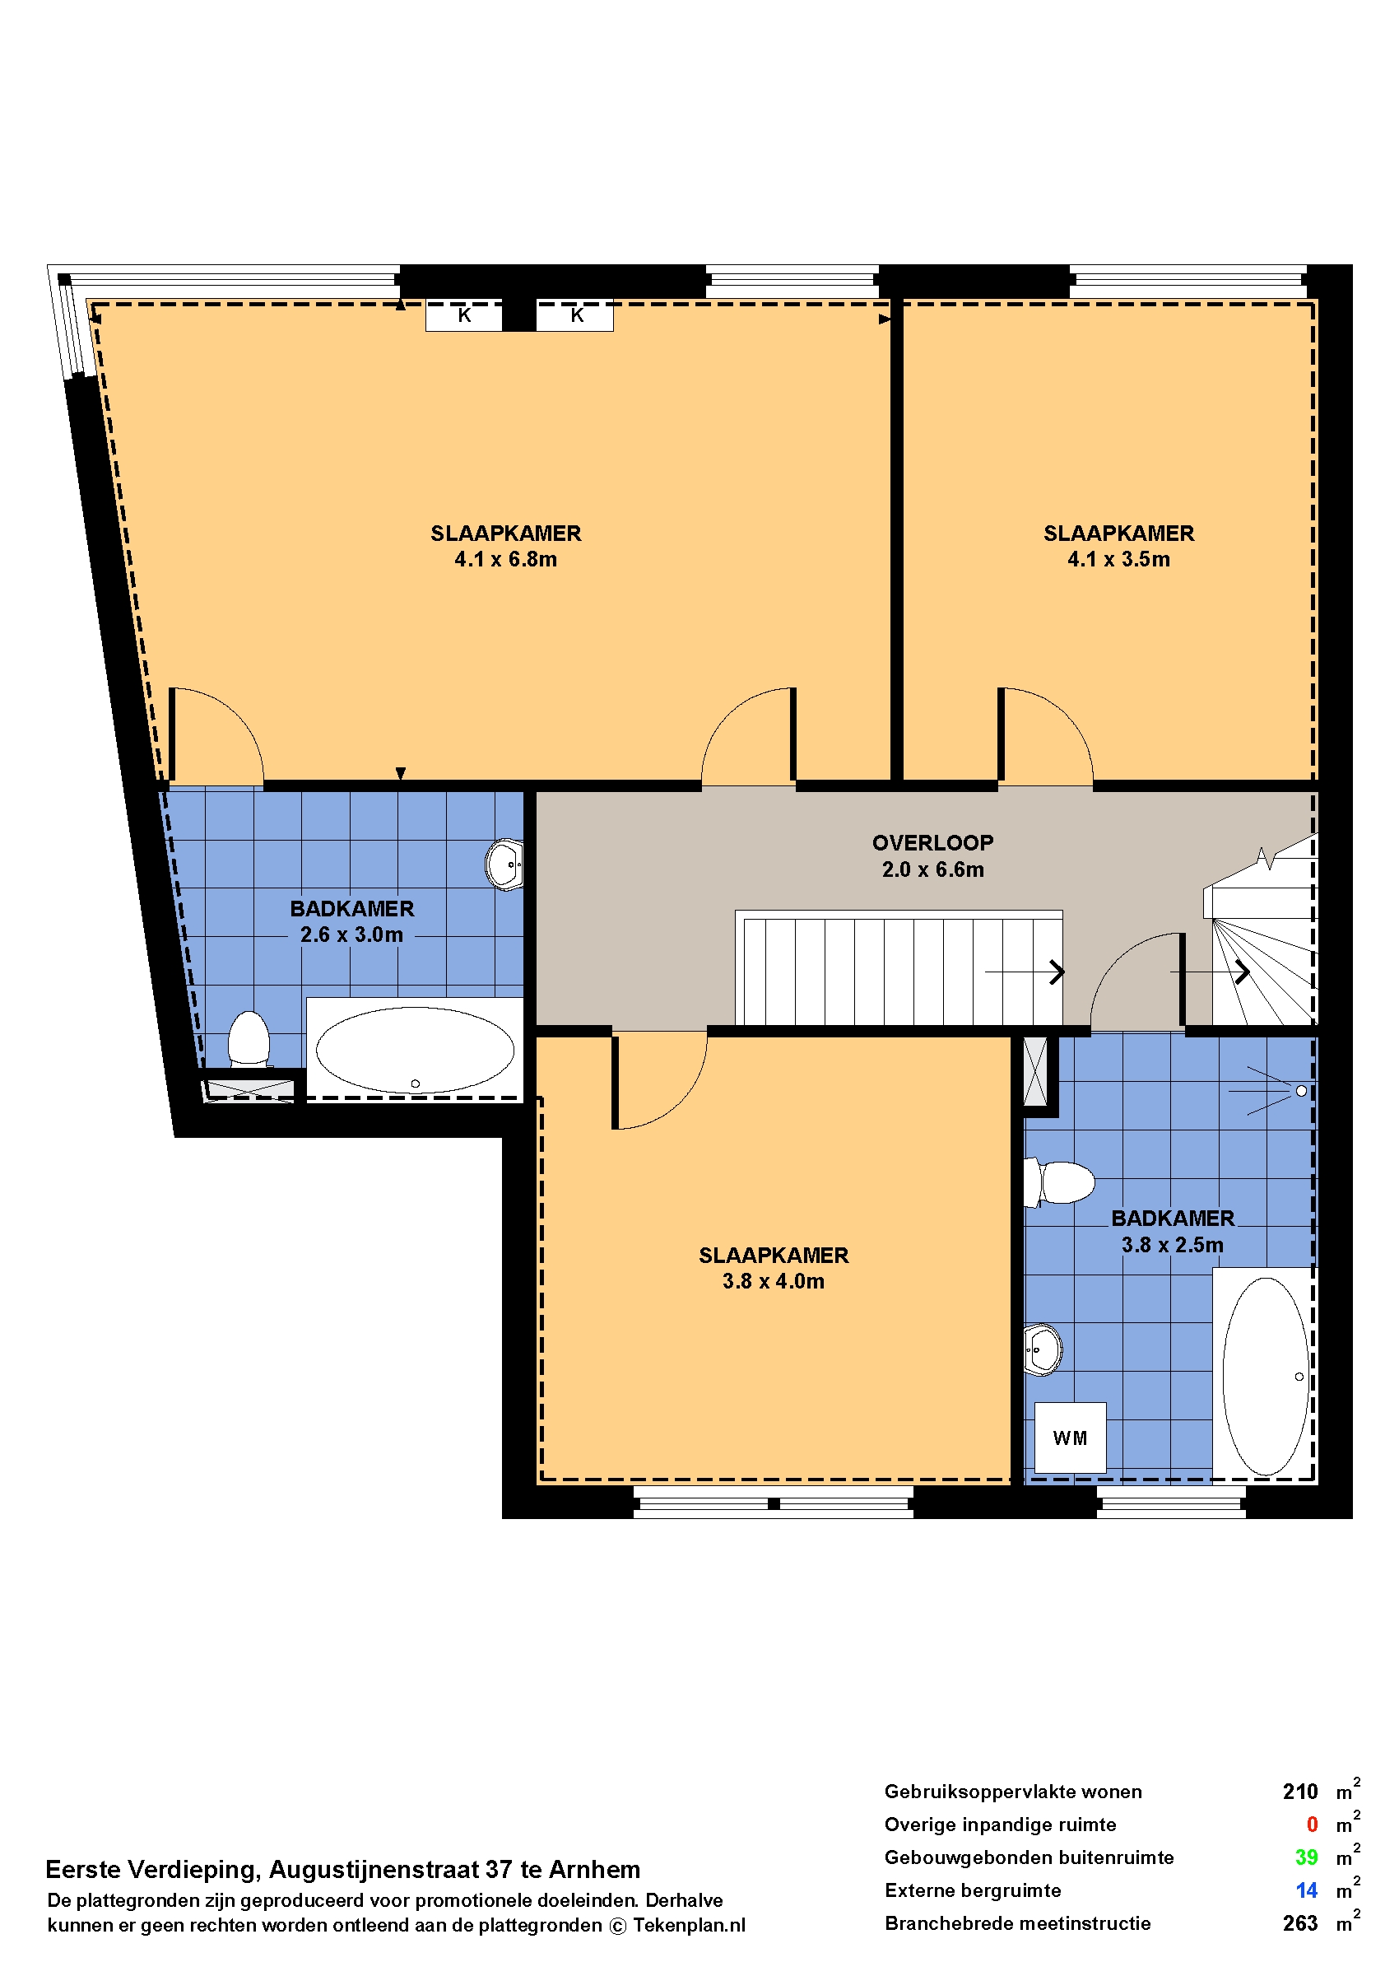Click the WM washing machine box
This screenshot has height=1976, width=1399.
[x=1070, y=1438]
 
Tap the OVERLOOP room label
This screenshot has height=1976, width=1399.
[x=933, y=843]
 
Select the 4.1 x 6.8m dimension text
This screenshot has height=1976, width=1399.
[x=505, y=559]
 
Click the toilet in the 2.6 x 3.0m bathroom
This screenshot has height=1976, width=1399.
[x=249, y=1039]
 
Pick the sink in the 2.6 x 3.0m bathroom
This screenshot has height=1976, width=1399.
[x=504, y=864]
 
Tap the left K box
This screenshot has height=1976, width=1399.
[x=464, y=315]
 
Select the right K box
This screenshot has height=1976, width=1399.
[x=575, y=315]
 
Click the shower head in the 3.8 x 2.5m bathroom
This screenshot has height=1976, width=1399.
[x=1301, y=1091]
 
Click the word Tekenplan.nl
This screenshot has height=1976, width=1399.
[x=689, y=1925]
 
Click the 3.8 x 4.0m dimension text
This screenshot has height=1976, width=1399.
[x=774, y=1281]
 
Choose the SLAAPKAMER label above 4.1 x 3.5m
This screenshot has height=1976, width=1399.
[x=1119, y=534]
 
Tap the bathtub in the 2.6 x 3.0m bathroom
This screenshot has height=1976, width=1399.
[x=416, y=1050]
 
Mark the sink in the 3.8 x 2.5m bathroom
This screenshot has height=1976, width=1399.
[x=1043, y=1349]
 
